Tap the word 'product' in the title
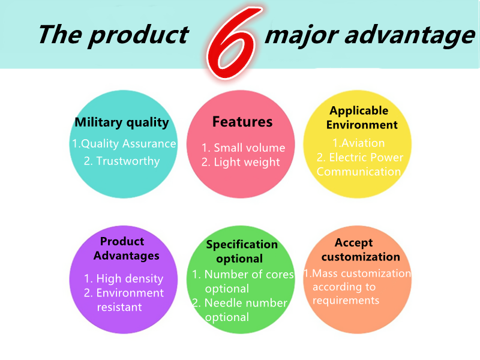point(139,36)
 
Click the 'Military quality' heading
point(122,122)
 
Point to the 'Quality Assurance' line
point(124,143)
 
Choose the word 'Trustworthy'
point(128,161)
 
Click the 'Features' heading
point(242,122)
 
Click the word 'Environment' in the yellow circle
point(362,125)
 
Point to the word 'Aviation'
point(363,143)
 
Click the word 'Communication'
point(359,172)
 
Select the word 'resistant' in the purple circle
point(119,307)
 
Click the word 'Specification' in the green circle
point(242,245)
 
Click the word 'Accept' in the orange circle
point(353,243)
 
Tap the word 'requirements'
point(346,301)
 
